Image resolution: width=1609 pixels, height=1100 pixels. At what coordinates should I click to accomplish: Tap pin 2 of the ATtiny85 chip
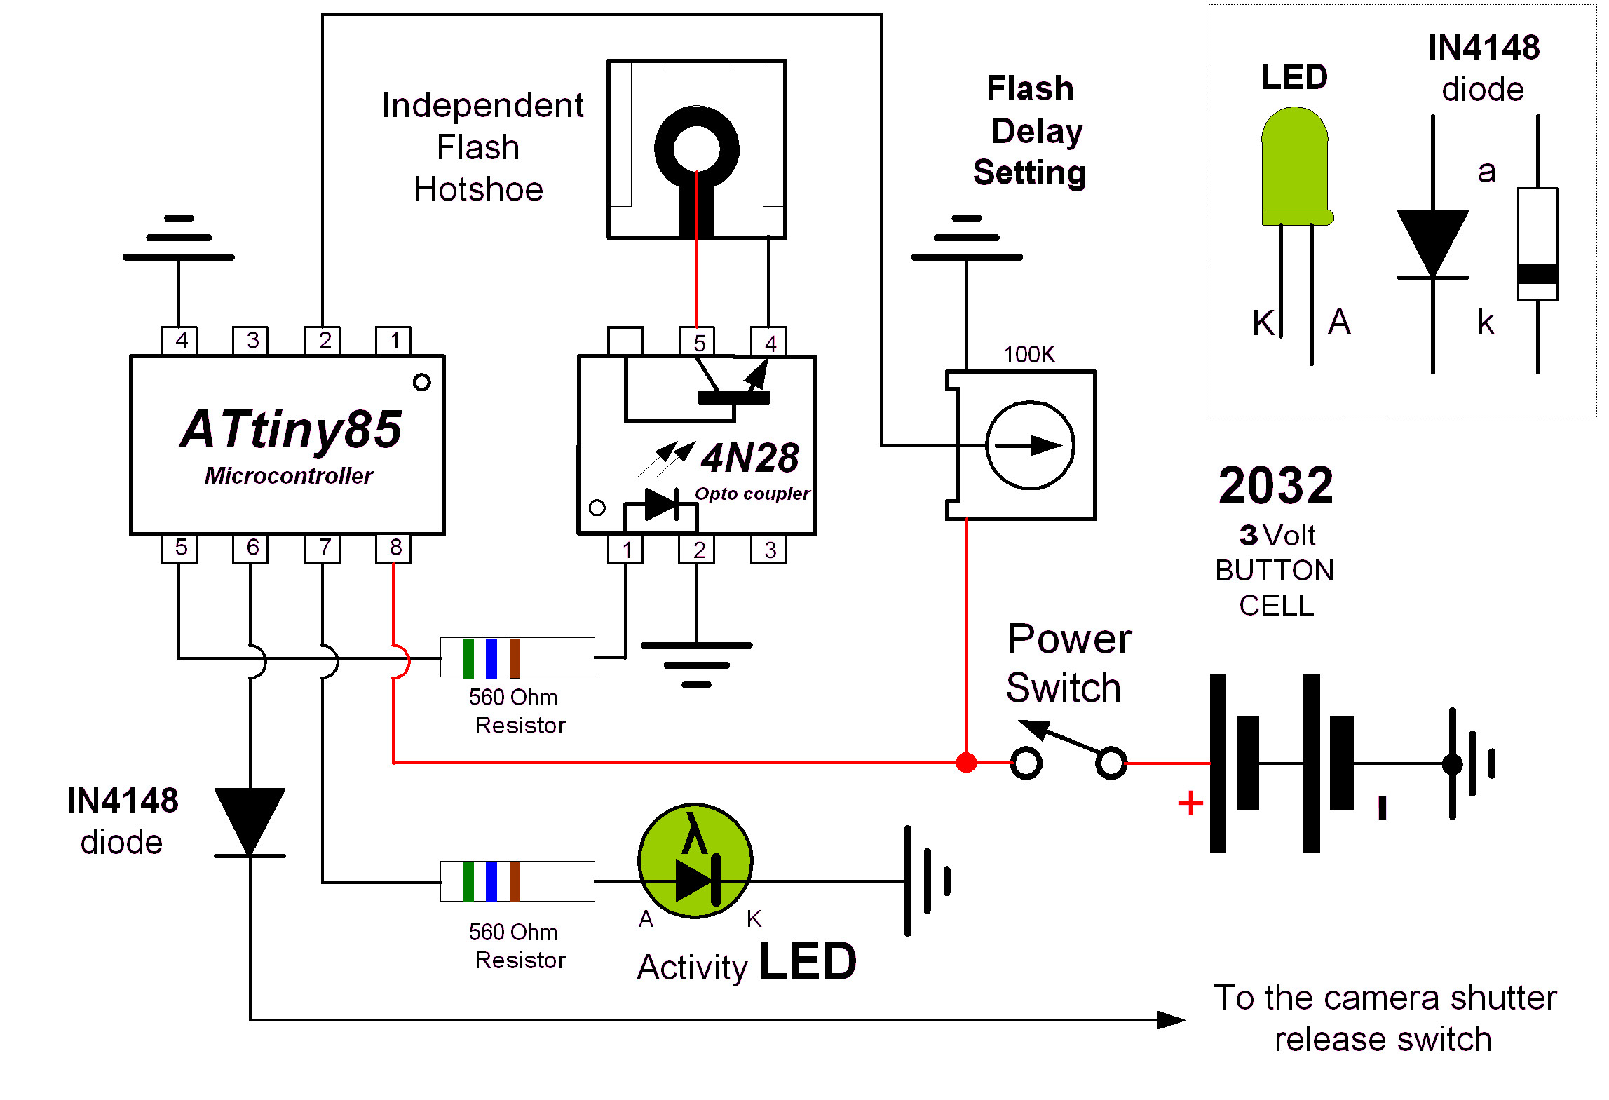coord(323,341)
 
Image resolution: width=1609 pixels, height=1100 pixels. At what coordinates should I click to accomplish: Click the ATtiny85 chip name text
coord(290,429)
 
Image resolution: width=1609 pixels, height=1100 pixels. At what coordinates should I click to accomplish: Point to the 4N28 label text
coord(749,459)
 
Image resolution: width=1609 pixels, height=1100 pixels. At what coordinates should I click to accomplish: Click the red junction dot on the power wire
coord(966,763)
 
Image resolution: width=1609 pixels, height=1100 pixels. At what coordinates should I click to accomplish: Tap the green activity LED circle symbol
coord(695,861)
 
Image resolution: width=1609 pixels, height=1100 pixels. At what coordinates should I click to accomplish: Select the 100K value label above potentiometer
coord(1028,355)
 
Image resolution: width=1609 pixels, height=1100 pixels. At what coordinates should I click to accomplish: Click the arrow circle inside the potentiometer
coord(1029,445)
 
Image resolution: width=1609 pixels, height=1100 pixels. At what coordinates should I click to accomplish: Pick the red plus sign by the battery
coord(1190,803)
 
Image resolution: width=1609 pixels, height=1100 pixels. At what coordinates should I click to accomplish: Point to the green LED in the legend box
coord(1295,167)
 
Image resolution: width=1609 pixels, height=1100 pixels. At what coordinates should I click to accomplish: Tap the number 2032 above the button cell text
coord(1276,485)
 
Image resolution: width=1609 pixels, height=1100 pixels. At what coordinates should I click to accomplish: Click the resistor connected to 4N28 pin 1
coord(517,658)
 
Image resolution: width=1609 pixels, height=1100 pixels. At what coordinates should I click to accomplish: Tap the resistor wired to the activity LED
coord(517,881)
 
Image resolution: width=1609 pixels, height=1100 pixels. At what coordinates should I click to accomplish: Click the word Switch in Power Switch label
coord(1063,688)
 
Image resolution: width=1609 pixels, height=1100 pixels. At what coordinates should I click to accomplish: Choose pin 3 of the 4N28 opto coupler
coord(768,550)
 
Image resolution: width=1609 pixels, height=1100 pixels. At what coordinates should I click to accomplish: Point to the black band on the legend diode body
coord(1537,273)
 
